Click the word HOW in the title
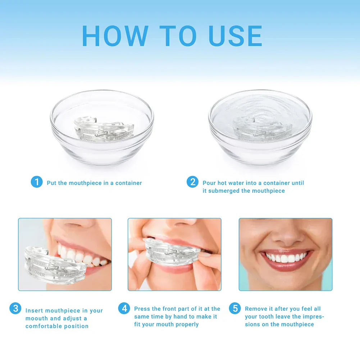115,36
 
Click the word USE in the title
236,36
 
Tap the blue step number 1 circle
37,182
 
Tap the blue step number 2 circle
192,182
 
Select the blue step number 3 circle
15,308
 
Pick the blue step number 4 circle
124,308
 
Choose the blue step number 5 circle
235,308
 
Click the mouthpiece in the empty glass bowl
103,129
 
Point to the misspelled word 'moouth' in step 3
37,318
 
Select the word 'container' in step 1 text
128,183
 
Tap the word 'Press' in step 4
142,309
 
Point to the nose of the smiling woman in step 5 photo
287,236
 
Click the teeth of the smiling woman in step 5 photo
287,258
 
